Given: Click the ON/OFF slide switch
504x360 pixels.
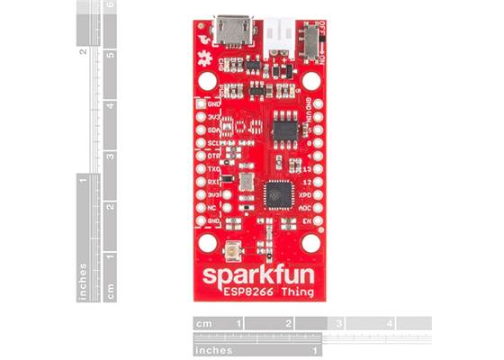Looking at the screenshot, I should (310, 39).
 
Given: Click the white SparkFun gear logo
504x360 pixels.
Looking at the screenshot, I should (202, 59).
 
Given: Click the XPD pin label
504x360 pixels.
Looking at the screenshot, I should (306, 193).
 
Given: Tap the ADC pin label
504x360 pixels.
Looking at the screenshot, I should (306, 206).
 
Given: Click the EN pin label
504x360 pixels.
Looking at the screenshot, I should (308, 219).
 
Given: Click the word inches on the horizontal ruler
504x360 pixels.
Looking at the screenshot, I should (214, 349).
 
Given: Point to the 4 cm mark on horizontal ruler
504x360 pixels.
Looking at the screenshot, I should (390, 323).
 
